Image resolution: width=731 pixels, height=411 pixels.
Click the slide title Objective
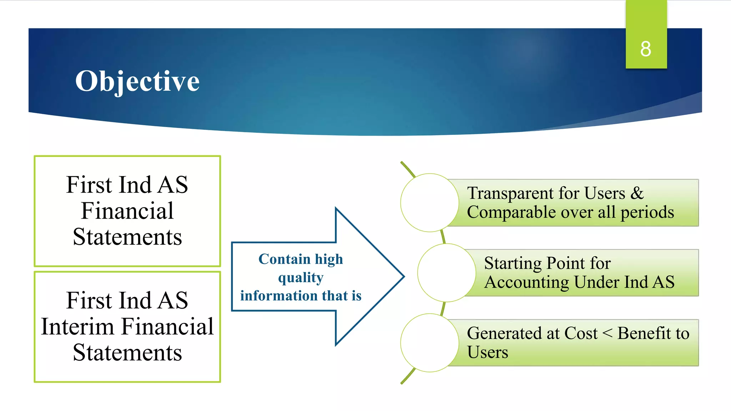137,81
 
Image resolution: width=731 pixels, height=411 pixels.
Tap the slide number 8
645,49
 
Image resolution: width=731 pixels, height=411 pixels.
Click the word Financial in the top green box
127,211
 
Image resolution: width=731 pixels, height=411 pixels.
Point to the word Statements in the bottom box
127,352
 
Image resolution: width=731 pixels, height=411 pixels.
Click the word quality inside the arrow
301,278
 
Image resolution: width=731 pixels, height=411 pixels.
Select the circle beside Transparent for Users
429,203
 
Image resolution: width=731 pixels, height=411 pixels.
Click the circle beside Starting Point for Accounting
446,273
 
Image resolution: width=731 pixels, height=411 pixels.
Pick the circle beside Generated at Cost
429,343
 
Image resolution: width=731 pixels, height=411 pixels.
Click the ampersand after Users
637,193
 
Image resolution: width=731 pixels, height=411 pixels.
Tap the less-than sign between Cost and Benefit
607,333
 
